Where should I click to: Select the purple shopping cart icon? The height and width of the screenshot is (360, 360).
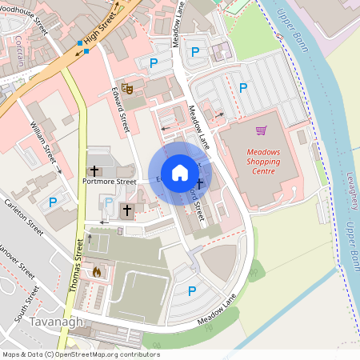pyautogui.click(x=261, y=130)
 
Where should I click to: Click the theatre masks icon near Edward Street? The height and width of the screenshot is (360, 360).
pyautogui.click(x=128, y=88)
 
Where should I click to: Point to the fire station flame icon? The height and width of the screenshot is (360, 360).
pyautogui.click(x=97, y=272)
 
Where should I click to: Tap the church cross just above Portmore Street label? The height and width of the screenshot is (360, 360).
pyautogui.click(x=94, y=170)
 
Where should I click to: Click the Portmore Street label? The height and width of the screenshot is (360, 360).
pyautogui.click(x=110, y=182)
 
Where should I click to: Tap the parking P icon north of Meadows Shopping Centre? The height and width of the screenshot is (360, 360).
pyautogui.click(x=244, y=87)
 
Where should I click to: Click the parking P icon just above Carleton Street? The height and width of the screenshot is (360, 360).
pyautogui.click(x=53, y=203)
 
